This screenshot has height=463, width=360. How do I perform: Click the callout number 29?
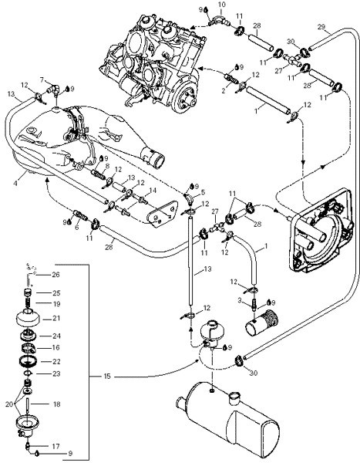coord(321,27)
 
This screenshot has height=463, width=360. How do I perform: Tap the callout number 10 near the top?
coord(221,5)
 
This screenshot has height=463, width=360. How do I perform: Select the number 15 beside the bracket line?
coord(107,377)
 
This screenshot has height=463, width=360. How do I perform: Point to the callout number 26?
coord(56,274)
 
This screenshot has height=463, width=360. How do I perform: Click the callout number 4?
coord(15,183)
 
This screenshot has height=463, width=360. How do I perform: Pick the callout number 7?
coord(42,79)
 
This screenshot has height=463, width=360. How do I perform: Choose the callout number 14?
coord(153,191)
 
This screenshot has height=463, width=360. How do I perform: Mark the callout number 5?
coord(203,193)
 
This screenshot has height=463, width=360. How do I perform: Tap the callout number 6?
coord(77,228)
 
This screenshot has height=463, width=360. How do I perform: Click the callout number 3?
coord(240,301)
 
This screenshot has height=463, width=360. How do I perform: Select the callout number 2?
coord(224,90)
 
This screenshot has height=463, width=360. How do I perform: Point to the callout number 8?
coord(107,166)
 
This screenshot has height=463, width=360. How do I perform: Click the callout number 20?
coord(9,404)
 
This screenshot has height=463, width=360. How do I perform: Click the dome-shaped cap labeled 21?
coord(28,318)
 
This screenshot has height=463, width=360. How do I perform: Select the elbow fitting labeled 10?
coord(220,20)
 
